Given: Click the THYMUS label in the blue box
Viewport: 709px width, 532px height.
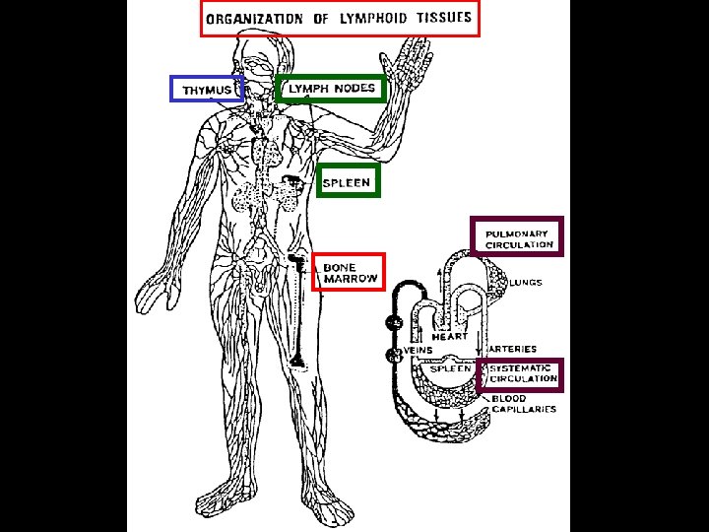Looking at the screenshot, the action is [207, 91].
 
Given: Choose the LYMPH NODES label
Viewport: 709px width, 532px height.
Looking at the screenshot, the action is [331, 89].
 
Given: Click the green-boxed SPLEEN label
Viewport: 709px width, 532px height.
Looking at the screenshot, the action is [348, 182].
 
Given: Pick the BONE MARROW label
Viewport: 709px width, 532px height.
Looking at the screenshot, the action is [350, 273].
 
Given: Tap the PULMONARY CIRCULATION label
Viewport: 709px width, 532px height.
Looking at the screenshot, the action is [519, 239].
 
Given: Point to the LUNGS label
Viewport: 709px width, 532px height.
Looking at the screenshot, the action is [527, 283].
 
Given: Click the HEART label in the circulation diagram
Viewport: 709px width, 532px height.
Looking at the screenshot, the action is [449, 337].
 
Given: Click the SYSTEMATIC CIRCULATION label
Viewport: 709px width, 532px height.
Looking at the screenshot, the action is [523, 373].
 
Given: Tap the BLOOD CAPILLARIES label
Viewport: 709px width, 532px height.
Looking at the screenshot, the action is [523, 404].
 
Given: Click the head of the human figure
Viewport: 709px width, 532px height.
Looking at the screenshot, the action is [257, 61].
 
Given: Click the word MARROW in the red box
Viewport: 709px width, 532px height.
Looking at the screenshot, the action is [352, 280].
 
